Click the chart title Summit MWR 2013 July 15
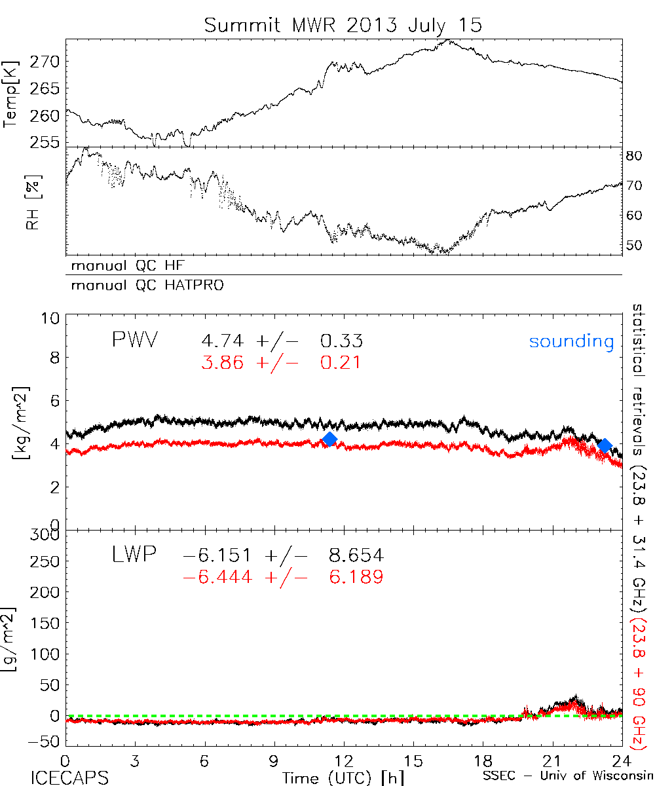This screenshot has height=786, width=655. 343,25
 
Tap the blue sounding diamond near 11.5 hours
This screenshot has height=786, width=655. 329,439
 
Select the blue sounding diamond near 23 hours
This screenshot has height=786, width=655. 605,445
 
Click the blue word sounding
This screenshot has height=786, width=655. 571,341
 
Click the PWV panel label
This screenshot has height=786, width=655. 136,341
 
